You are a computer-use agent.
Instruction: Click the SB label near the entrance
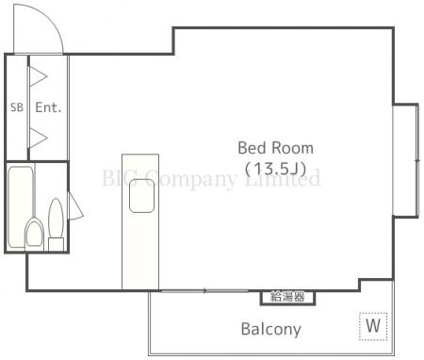(x=16, y=107)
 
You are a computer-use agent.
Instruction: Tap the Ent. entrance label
(x=48, y=107)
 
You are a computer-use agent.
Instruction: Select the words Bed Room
(x=275, y=148)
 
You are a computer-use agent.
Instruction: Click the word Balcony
(x=270, y=329)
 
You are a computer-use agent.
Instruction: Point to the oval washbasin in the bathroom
(x=56, y=217)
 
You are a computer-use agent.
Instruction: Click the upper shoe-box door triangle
(x=39, y=75)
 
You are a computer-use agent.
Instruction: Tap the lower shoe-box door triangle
(x=39, y=137)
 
